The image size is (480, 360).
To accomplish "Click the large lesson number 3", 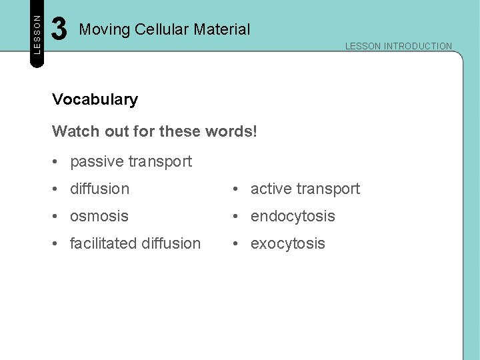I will coord(59,29).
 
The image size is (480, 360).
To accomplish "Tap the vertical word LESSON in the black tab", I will coord(37,33).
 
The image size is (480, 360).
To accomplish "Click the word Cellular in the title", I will coord(166,29).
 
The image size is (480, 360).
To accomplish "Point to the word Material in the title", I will coord(225,29).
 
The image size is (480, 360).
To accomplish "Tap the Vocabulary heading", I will coord(95,99).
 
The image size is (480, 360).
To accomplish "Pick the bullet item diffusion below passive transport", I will coord(99,189).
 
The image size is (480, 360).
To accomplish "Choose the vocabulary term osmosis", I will coord(99,216).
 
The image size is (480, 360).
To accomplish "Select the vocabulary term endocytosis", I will coord(292,216).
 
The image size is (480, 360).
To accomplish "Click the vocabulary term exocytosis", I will coord(287,243).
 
